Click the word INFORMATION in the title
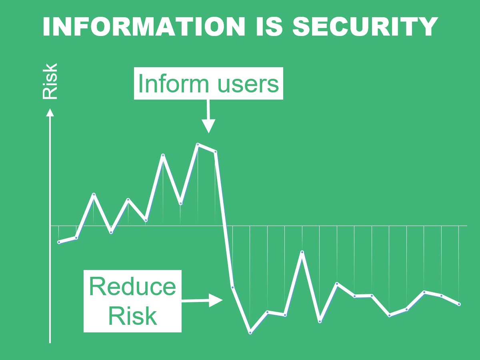point(144,26)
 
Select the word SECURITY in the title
point(366,26)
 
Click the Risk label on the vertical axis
point(50,81)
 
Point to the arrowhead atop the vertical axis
point(50,112)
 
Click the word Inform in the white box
point(174,84)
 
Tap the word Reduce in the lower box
point(132,286)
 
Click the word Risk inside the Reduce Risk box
point(132,316)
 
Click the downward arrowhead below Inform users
point(208,126)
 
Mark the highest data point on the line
point(198,144)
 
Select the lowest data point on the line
point(250,333)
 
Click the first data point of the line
point(59,242)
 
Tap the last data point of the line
point(459,304)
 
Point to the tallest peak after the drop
point(302,252)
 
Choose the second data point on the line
point(76,238)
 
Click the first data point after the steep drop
point(232,287)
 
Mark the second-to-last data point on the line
point(441,296)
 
